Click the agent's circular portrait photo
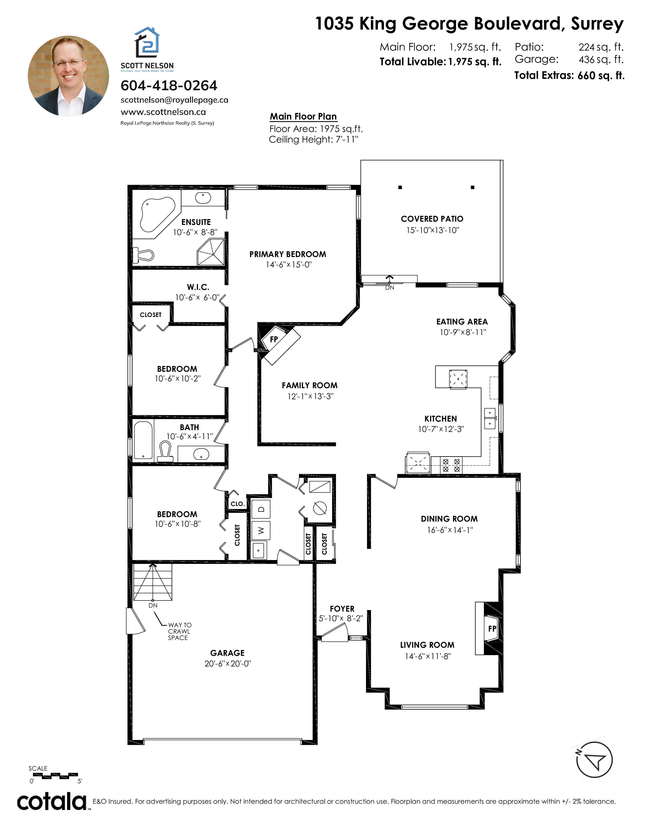(x=68, y=76)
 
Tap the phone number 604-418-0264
(x=169, y=85)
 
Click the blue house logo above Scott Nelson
(x=147, y=42)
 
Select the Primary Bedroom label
(x=288, y=254)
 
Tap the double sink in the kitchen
(x=490, y=418)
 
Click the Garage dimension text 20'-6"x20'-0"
(x=227, y=664)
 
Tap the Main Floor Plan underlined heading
(x=303, y=117)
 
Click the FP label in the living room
(x=492, y=629)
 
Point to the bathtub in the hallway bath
(x=143, y=440)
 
